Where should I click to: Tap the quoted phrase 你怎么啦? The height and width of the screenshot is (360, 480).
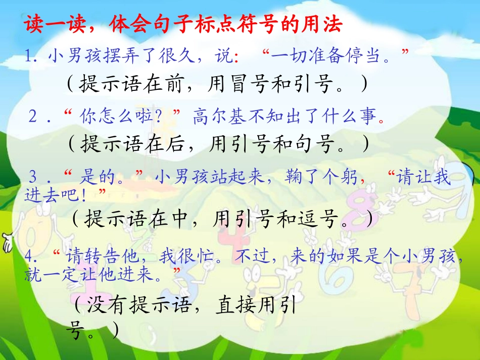click(120, 117)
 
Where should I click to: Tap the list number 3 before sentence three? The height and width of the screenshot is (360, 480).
click(34, 178)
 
